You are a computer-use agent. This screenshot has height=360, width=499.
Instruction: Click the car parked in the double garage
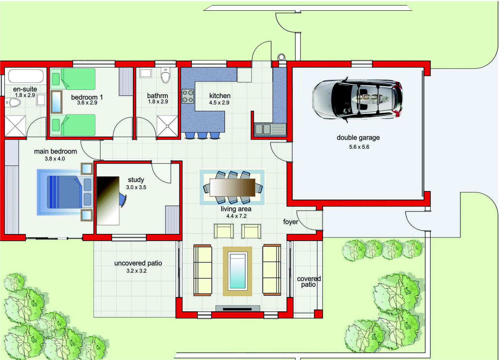[x=358, y=100]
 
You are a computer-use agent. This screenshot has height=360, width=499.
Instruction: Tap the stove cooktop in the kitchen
[x=188, y=96]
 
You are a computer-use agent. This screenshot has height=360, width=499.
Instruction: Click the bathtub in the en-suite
[x=26, y=76]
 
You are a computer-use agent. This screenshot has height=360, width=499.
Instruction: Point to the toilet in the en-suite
[x=13, y=103]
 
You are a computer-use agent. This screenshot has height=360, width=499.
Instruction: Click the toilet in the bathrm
[x=165, y=75]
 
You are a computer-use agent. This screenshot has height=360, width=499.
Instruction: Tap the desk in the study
[x=108, y=201]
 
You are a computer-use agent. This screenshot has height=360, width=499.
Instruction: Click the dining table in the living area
[x=233, y=187]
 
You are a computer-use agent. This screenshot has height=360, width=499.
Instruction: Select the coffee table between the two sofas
[x=237, y=271]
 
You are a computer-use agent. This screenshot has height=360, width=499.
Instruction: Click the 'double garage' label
[x=358, y=138]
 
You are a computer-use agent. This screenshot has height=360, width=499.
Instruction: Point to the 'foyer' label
[x=291, y=222]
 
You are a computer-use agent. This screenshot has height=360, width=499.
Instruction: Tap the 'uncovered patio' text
[x=138, y=263]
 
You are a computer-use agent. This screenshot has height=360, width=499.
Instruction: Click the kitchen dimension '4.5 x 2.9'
[x=219, y=103]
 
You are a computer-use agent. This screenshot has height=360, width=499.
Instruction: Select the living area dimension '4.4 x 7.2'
[x=236, y=216]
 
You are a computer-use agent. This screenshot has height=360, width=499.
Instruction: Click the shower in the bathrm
[x=167, y=126]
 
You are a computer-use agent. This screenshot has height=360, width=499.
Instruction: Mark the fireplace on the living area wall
[x=237, y=309]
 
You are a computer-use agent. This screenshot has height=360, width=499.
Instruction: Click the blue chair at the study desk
[x=123, y=199]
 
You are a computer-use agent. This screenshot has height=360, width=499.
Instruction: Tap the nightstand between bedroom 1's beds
[x=56, y=102]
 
